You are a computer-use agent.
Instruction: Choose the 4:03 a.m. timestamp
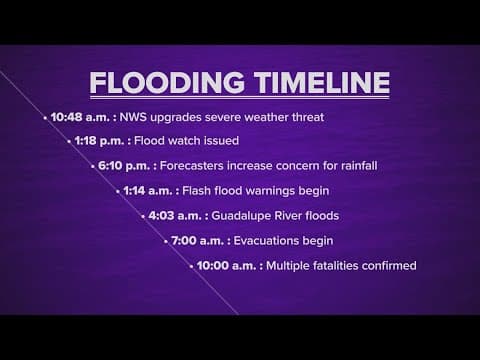click(x=174, y=216)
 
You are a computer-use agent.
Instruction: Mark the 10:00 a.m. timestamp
click(x=226, y=266)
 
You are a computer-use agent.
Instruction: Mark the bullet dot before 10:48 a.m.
click(x=46, y=118)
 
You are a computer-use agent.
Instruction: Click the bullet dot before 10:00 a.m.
click(x=191, y=267)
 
